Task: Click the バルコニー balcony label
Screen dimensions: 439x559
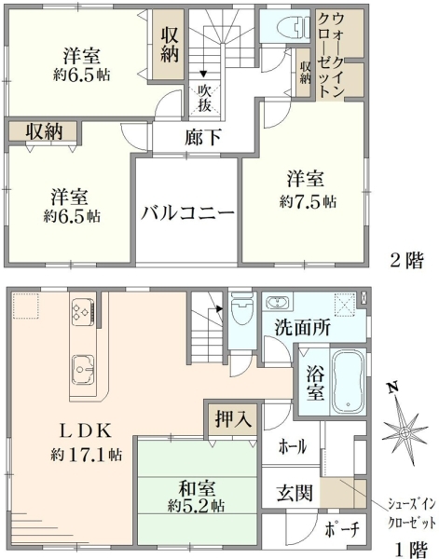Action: (x=187, y=213)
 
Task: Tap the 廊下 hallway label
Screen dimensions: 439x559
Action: (x=203, y=137)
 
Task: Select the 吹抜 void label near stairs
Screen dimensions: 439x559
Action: (x=205, y=98)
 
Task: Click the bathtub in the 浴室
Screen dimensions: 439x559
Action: (x=348, y=380)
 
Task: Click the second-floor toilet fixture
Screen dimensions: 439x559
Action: (x=294, y=26)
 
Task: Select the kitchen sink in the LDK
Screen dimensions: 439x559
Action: (x=83, y=369)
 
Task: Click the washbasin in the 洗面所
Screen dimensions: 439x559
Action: (x=279, y=303)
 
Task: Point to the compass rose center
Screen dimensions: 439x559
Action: (x=405, y=433)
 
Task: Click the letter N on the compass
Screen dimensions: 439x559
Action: (x=393, y=388)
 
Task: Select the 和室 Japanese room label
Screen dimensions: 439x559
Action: (x=197, y=488)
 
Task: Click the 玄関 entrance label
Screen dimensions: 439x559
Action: (x=295, y=493)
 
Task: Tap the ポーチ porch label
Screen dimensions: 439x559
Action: (x=341, y=530)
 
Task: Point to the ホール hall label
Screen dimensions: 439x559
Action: (x=293, y=446)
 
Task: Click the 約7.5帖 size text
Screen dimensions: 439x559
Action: (x=308, y=202)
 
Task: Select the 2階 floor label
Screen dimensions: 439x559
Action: (x=406, y=261)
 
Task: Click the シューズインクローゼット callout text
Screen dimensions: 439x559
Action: (x=411, y=513)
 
